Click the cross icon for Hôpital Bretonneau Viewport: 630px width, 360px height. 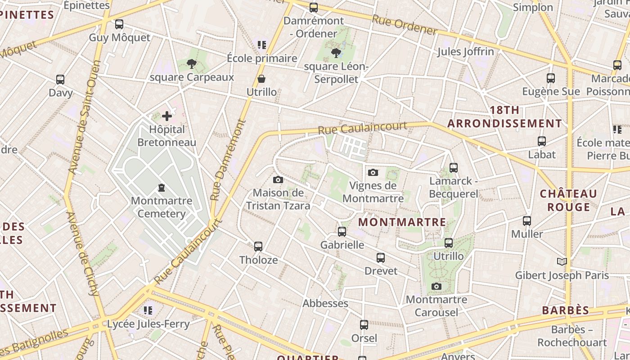[167, 116]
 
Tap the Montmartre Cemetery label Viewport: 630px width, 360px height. [161, 207]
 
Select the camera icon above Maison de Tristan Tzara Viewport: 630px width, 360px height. [278, 180]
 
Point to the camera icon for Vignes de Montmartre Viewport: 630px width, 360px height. [373, 172]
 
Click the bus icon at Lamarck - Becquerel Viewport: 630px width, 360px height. [454, 168]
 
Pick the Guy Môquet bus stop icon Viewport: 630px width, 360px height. [119, 24]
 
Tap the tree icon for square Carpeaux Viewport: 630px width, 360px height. [192, 64]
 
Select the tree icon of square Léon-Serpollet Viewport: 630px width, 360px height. [336, 54]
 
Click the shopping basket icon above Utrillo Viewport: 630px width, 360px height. [261, 79]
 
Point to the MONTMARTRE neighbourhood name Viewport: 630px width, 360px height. [402, 222]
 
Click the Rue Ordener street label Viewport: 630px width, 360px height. [404, 25]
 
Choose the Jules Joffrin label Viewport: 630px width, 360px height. [465, 52]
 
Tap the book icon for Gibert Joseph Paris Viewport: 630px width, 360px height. [562, 261]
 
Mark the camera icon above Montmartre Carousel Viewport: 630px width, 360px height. [436, 287]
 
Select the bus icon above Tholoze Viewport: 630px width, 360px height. [258, 247]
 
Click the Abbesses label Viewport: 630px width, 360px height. [325, 303]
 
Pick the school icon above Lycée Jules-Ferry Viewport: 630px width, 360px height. [148, 310]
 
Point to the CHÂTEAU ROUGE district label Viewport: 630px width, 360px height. [568, 200]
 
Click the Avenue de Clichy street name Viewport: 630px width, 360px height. [82, 254]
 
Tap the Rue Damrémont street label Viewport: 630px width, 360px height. [228, 160]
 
